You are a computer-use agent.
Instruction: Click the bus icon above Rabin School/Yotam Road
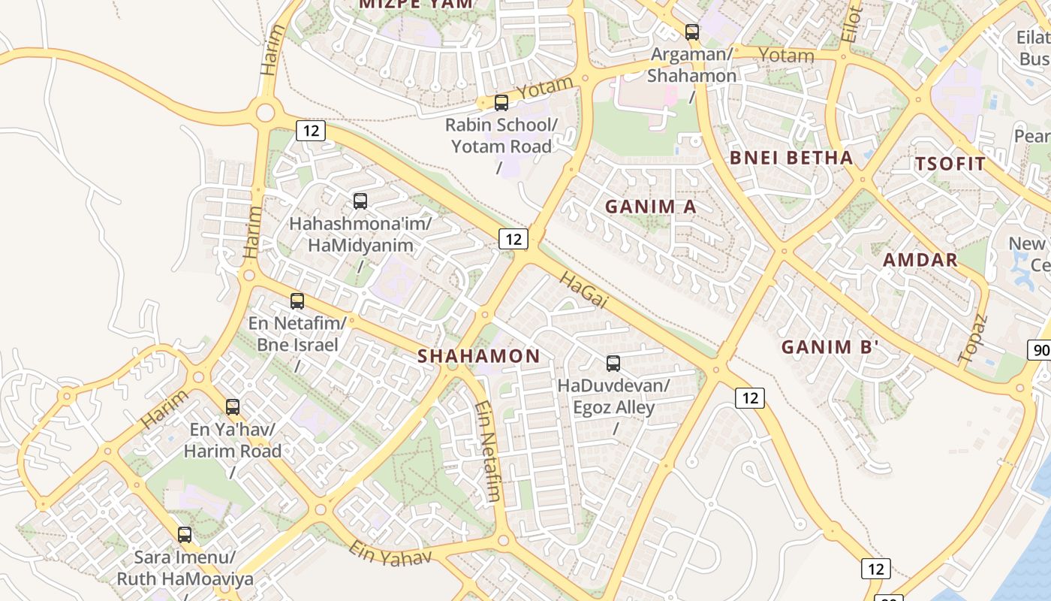click(x=501, y=103)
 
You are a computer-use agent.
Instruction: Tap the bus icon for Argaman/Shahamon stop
click(x=691, y=32)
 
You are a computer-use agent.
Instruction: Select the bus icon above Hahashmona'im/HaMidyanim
click(x=360, y=201)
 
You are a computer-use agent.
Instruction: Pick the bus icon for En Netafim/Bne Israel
click(x=297, y=301)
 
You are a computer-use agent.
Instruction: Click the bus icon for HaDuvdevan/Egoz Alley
click(x=613, y=364)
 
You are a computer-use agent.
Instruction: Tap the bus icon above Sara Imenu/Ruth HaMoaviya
click(x=185, y=535)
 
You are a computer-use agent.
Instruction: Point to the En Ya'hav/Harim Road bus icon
click(x=233, y=407)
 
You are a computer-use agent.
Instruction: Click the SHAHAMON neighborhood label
click(x=478, y=356)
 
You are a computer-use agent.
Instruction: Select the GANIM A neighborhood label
click(x=651, y=206)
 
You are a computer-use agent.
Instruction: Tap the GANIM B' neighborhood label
click(x=830, y=347)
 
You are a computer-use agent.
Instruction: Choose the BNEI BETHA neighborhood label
click(x=791, y=158)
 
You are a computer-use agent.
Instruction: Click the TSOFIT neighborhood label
click(x=950, y=164)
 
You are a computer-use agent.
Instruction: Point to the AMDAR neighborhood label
click(x=920, y=260)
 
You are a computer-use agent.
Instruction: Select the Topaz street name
click(x=973, y=340)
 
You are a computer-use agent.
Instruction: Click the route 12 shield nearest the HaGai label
click(x=513, y=239)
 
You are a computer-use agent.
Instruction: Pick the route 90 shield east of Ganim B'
click(x=1040, y=350)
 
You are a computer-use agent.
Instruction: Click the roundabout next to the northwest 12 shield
click(x=265, y=113)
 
